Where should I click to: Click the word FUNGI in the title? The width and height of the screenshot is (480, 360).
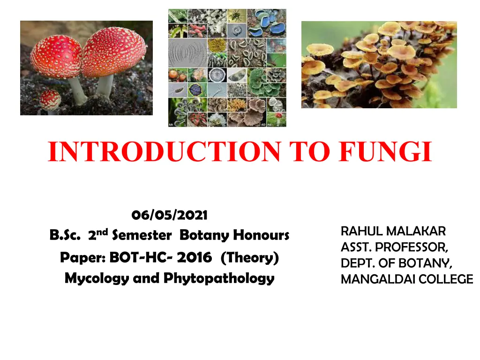point(385,151)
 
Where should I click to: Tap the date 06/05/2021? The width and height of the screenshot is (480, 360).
point(169,215)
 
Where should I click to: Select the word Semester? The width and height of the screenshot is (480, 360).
point(142,235)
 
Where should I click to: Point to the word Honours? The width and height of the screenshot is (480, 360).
point(261,235)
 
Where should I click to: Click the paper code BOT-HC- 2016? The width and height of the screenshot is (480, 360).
point(160,257)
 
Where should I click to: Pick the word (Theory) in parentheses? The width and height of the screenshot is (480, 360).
point(249,258)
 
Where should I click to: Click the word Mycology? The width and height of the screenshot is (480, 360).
point(97,279)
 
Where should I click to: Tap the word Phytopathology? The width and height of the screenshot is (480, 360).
point(219,279)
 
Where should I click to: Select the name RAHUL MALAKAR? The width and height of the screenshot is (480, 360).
point(393,232)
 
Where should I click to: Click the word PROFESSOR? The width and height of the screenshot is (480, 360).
point(412,247)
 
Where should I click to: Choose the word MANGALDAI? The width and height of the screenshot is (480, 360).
point(378,279)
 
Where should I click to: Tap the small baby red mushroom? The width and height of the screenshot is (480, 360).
point(50,101)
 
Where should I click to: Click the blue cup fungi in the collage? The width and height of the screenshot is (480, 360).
point(267,23)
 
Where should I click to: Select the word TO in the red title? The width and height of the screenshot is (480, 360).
point(309,151)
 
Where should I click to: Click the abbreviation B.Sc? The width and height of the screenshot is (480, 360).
point(65,235)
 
